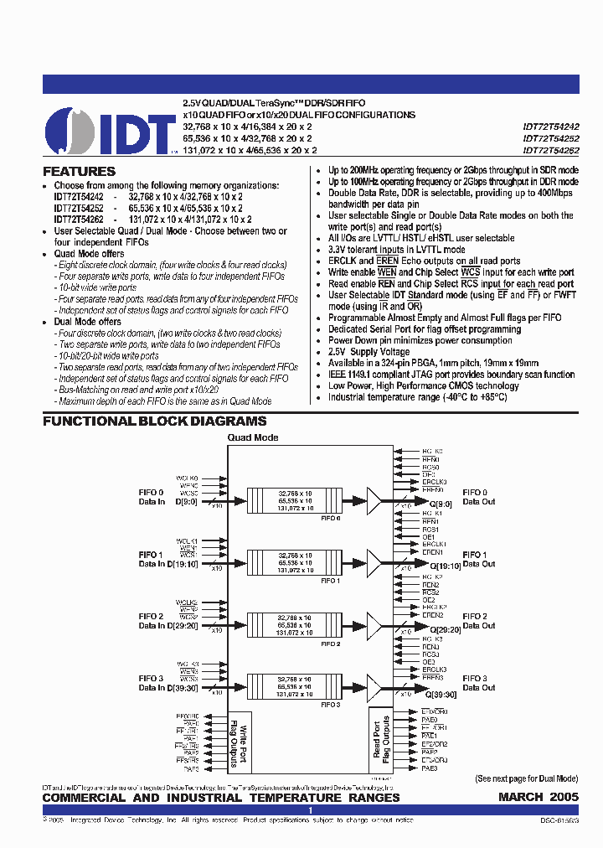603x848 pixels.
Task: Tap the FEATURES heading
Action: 80,172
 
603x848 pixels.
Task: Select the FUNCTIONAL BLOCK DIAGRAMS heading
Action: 155,421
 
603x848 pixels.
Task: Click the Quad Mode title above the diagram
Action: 253,437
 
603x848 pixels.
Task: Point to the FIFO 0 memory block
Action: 295,500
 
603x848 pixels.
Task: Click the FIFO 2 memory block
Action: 295,625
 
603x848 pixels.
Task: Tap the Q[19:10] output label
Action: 444,566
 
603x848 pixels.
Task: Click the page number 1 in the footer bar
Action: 311,810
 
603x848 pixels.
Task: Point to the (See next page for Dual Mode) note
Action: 527,778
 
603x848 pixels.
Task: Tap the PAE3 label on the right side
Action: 430,768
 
